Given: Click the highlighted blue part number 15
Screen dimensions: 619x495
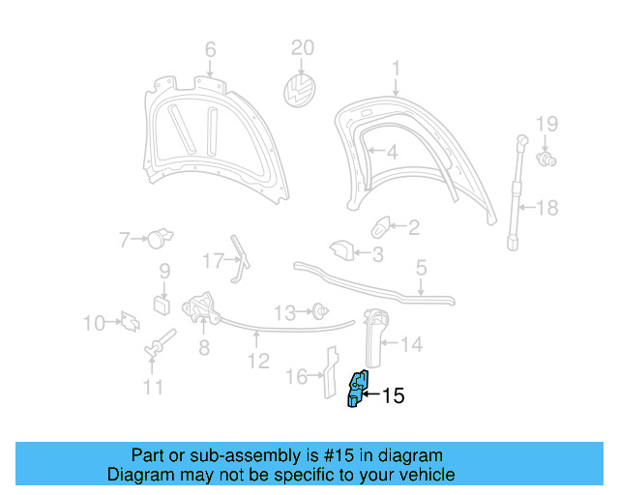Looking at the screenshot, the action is tap(358, 389).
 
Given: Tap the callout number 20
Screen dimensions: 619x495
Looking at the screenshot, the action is tap(303, 47).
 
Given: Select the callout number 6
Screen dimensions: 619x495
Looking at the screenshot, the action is tap(210, 49).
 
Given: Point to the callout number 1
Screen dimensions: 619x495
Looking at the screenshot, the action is tap(396, 67).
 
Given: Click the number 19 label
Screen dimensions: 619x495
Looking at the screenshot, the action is tap(547, 123).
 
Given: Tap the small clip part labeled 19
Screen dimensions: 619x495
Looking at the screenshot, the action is tap(545, 159).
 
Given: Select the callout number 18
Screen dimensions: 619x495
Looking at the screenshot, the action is tap(547, 207).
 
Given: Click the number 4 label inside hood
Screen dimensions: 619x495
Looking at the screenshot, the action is tap(391, 152).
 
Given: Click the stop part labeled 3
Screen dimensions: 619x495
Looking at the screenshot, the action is tap(340, 250).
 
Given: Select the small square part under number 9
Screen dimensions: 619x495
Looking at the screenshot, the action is tap(162, 305).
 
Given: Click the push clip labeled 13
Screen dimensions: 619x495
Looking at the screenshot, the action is tap(317, 311).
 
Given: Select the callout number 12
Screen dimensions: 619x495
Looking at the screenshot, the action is tap(257, 363).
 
